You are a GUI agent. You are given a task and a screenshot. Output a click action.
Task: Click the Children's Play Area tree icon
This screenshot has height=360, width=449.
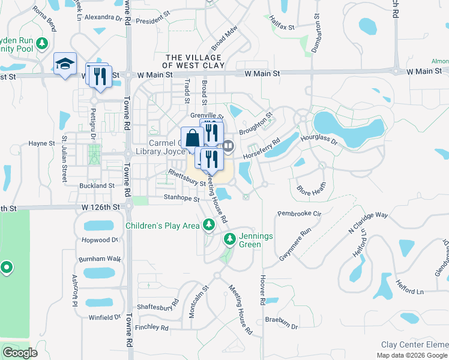pos(208,225)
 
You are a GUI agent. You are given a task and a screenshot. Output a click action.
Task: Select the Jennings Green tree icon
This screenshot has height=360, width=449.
pos(229,239)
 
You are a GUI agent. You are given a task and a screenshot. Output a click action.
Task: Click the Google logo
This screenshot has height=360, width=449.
pos(20,352)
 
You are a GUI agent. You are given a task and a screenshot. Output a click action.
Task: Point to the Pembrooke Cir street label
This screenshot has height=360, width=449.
pos(300,213)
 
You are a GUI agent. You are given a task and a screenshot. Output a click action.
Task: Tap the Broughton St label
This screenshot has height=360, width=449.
pos(256,120)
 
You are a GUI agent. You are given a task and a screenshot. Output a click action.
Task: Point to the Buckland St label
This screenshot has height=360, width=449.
pos(97,186)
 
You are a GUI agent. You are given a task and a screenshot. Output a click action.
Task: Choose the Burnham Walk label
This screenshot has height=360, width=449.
pos(100,259)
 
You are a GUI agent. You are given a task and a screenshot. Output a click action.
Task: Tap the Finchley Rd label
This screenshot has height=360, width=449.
pos(152,328)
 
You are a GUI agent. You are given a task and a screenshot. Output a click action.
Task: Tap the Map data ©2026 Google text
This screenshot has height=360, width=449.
pos(412,355)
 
